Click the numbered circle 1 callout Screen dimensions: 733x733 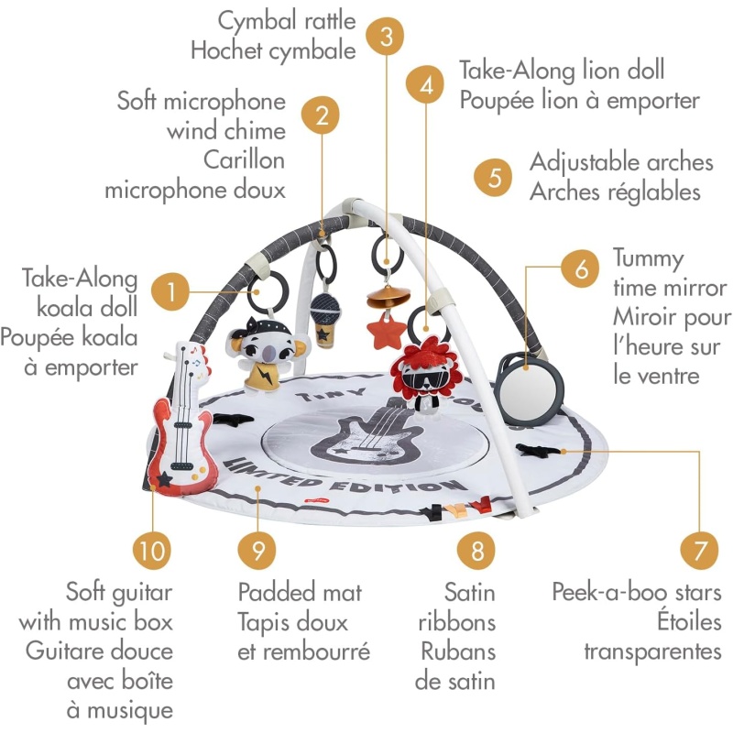click(x=172, y=292)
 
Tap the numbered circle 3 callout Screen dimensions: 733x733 click(x=386, y=37)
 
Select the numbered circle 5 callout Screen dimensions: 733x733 click(x=495, y=176)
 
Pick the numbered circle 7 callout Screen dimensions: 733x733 click(x=699, y=552)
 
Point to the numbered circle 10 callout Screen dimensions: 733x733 click(x=152, y=551)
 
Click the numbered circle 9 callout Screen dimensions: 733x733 click(x=257, y=551)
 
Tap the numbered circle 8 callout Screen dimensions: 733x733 click(x=476, y=551)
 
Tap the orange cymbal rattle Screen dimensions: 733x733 click(x=386, y=299)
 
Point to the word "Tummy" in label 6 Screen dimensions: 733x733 click(x=649, y=258)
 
